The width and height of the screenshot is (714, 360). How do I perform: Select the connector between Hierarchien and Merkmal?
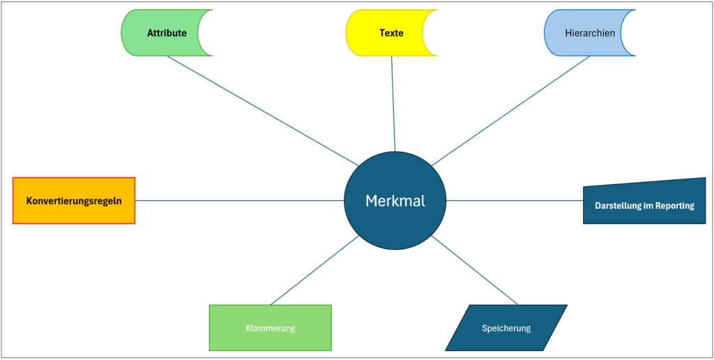click(x=511, y=110)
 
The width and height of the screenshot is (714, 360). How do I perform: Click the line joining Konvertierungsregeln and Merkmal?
click(x=239, y=201)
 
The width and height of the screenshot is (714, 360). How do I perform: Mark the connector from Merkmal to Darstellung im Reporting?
click(x=515, y=201)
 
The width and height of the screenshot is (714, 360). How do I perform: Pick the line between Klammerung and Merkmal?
click(x=315, y=270)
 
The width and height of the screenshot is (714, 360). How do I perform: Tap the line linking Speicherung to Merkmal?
click(x=474, y=270)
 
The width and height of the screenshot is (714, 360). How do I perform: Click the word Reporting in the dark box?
click(x=674, y=206)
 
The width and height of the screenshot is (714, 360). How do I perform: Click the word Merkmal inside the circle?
click(x=395, y=201)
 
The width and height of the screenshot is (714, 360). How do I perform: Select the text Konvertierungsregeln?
click(x=74, y=201)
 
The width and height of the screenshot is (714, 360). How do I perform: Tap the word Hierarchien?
click(x=590, y=33)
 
